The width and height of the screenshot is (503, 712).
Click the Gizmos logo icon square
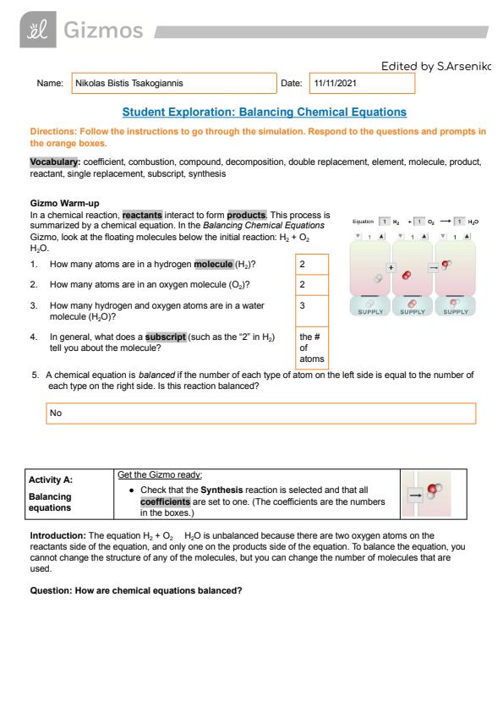pos(38,30)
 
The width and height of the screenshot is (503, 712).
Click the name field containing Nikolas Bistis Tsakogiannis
pos(174,83)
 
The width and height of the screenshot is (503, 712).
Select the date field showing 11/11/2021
pos(362,83)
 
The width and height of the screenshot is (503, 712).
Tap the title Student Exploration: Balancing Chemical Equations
pos(265,112)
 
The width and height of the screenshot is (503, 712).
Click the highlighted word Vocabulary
pos(54,162)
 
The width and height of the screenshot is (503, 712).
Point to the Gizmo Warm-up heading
pos(64,203)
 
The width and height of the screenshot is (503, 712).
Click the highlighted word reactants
pos(142,215)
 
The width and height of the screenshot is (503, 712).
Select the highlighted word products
pos(247,215)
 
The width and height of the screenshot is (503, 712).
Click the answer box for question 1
pos(312,265)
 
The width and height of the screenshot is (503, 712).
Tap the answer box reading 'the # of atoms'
pos(312,348)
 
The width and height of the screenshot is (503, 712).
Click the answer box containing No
pos(261,414)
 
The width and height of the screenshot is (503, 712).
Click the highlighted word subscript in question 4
pos(165,337)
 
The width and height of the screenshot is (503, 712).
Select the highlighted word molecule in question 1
pos(213,265)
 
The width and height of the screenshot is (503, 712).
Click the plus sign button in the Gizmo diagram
pos(391,267)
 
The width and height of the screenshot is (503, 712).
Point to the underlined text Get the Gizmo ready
pos(160,474)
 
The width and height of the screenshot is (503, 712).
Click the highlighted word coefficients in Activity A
pos(165,501)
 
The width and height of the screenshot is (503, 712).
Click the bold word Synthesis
pos(221,490)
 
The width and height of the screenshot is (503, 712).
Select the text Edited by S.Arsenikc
pos(436,66)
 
